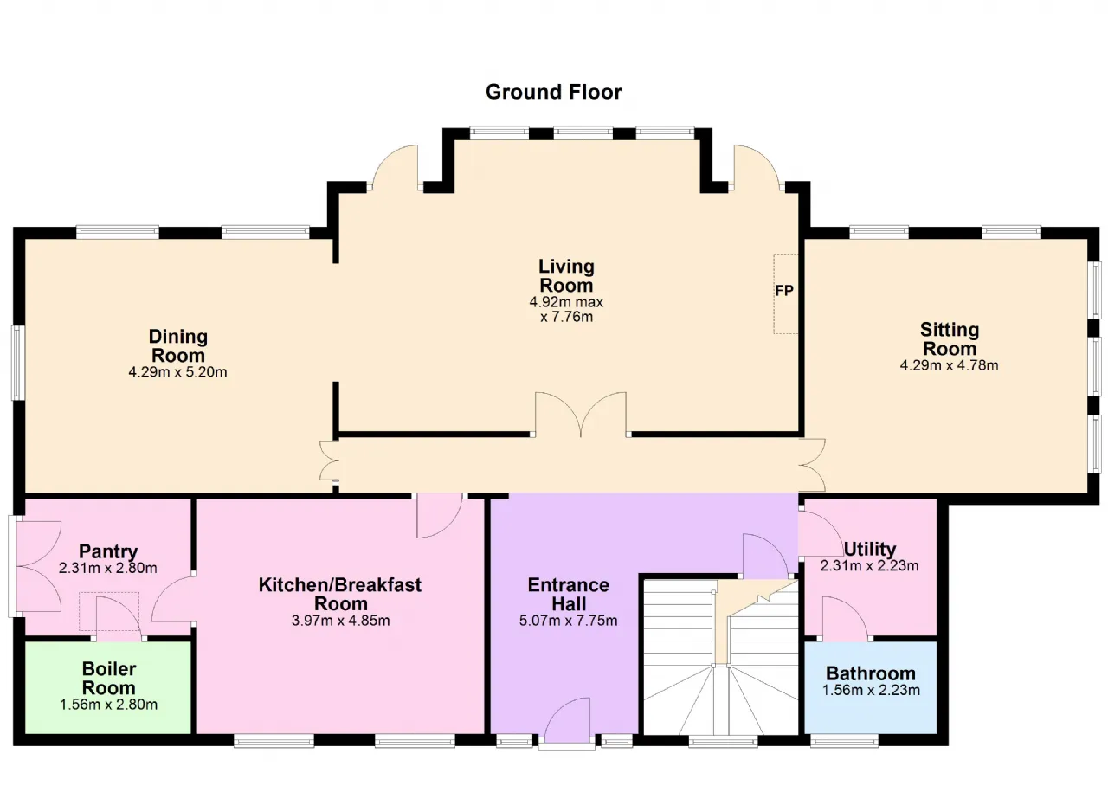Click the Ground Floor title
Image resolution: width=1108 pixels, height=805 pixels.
tap(553, 92)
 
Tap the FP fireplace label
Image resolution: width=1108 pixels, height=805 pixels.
tap(784, 291)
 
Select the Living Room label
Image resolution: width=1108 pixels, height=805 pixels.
tap(566, 276)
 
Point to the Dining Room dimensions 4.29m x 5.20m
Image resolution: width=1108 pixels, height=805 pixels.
tap(177, 372)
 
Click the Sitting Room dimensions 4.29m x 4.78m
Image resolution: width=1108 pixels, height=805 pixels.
tap(950, 365)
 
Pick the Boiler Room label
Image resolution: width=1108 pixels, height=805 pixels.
tap(109, 679)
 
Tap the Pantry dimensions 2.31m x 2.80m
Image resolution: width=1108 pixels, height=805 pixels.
tap(108, 568)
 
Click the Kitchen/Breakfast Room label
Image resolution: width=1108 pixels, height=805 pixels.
tap(340, 595)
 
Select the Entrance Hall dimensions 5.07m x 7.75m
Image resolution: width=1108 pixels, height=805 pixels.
tap(569, 620)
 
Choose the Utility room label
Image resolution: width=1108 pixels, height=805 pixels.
tap(870, 549)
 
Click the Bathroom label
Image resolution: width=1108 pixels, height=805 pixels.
tap(871, 673)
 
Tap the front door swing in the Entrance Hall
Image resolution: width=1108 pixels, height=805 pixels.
tap(567, 720)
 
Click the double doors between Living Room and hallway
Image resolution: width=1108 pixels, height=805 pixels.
tap(581, 415)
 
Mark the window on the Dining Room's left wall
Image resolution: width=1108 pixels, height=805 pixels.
tap(18, 363)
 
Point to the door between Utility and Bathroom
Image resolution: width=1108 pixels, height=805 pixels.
tap(845, 618)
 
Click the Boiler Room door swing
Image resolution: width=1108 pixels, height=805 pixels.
tap(119, 619)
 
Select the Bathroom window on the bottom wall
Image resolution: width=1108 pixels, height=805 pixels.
tap(844, 740)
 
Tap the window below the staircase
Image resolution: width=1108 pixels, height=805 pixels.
tap(723, 740)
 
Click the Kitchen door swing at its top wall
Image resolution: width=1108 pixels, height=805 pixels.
tap(440, 515)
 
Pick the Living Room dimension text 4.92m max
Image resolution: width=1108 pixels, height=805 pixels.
tap(566, 301)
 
